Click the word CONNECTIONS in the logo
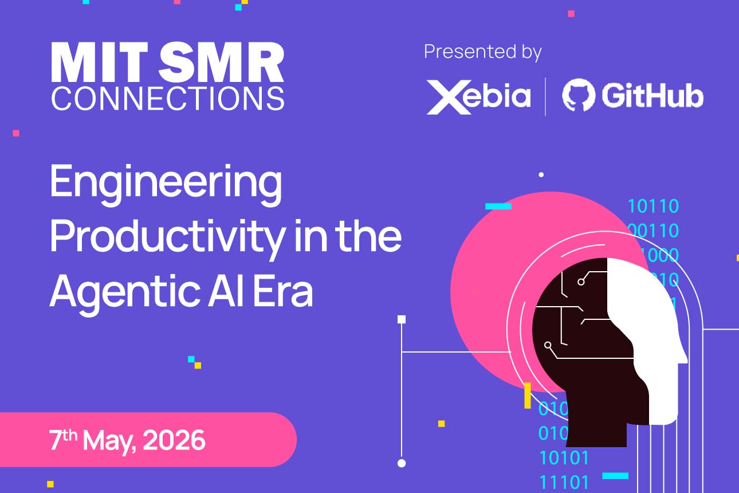[167, 98]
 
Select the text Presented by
[482, 52]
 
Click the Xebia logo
[478, 96]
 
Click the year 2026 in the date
[174, 440]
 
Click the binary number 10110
[653, 206]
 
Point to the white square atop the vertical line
[402, 319]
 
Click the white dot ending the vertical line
[402, 463]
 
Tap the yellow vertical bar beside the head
[528, 396]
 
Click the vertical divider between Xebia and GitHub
[545, 96]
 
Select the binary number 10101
[564, 458]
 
